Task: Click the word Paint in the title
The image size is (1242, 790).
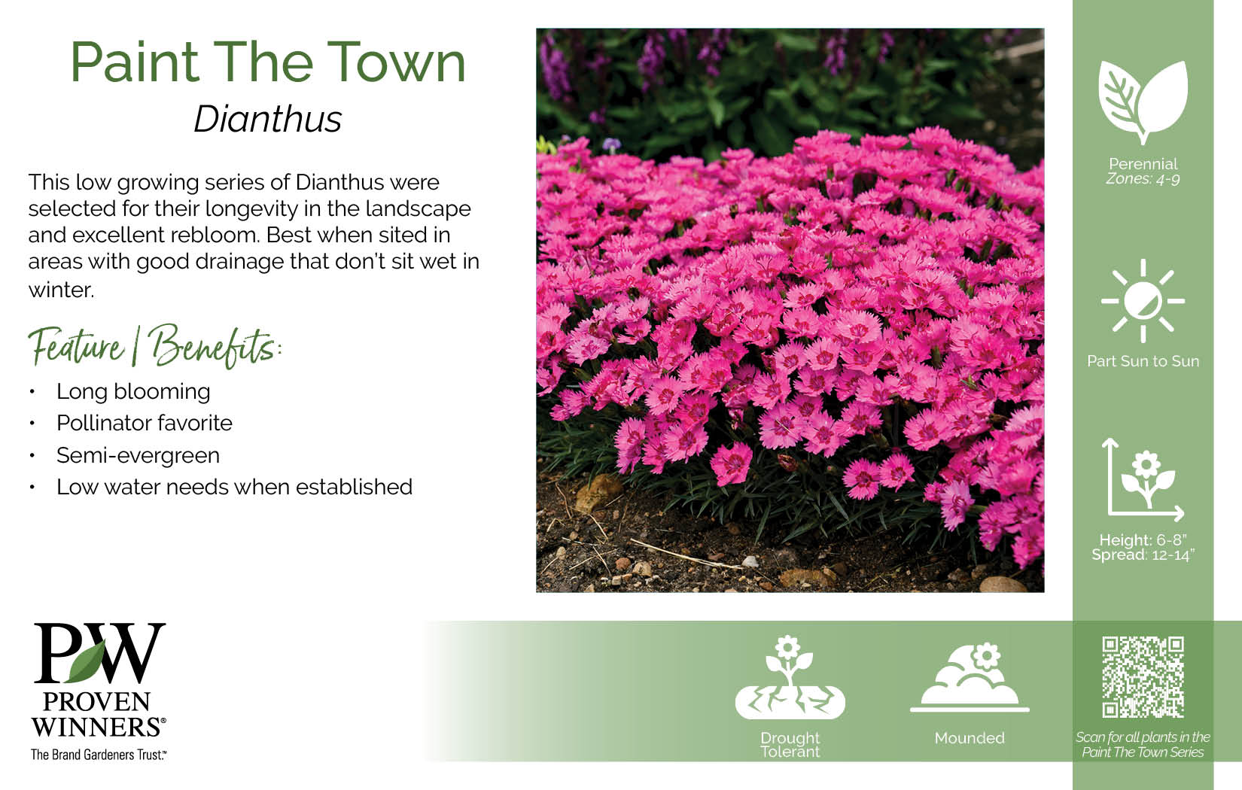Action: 135,62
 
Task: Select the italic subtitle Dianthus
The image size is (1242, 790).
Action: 268,119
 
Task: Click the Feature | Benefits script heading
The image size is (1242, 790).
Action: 155,345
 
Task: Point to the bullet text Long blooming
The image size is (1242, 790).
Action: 133,391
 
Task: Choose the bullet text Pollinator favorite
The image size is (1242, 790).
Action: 145,423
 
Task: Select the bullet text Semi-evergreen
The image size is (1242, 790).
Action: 138,455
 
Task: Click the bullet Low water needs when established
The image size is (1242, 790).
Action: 235,487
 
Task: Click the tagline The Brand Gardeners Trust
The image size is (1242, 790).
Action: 99,754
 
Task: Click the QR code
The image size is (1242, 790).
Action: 1143,677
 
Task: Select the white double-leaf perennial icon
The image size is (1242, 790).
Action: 1143,102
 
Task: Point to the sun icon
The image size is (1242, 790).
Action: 1143,301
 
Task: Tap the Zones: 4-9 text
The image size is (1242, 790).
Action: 1143,179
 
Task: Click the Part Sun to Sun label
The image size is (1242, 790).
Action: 1143,361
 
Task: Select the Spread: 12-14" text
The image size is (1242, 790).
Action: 1143,555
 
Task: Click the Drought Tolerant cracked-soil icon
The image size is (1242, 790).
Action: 790,677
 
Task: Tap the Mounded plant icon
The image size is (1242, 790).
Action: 970,677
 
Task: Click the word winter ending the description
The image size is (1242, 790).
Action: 61,290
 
